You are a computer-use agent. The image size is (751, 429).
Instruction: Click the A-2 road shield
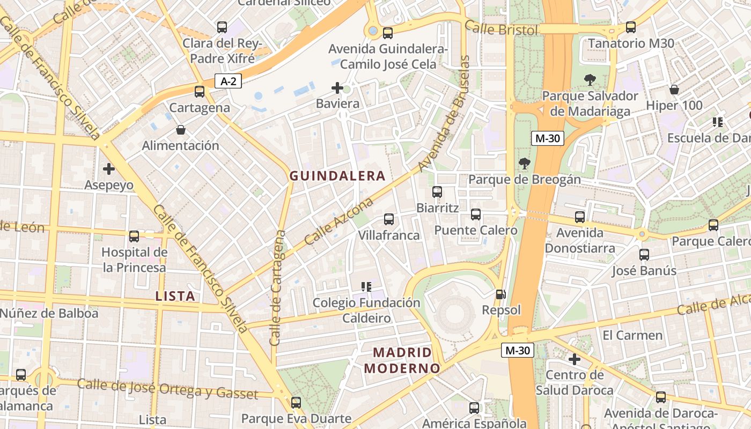tap(229, 81)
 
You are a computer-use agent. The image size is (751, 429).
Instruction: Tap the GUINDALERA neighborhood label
tap(337, 176)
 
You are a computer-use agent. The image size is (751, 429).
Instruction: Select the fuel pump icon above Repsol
tap(500, 294)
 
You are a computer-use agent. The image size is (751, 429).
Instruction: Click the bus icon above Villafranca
tap(389, 219)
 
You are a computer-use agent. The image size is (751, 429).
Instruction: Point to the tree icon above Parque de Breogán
tap(525, 164)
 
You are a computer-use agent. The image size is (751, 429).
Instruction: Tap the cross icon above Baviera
tap(337, 87)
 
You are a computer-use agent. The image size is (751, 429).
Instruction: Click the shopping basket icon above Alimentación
tap(181, 130)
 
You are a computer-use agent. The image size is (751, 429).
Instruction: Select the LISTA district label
tap(175, 295)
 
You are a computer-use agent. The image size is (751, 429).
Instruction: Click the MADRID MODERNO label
tap(402, 360)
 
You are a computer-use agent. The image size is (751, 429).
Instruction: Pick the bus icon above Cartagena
tap(200, 92)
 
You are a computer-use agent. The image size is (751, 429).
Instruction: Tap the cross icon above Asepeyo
tap(109, 169)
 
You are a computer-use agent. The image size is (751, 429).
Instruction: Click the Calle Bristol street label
tap(501, 28)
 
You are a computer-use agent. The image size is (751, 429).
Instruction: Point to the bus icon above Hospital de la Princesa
tap(134, 236)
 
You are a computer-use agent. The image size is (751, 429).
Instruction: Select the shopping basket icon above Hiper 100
tap(674, 90)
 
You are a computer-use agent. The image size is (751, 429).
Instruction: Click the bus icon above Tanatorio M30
tap(631, 27)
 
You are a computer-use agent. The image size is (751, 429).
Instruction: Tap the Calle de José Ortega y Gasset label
tap(167, 389)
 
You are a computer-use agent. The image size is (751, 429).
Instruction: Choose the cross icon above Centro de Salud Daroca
tap(575, 359)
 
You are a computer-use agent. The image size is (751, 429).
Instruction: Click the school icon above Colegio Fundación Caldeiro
tap(366, 287)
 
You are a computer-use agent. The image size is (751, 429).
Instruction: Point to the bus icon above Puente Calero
tap(476, 214)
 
